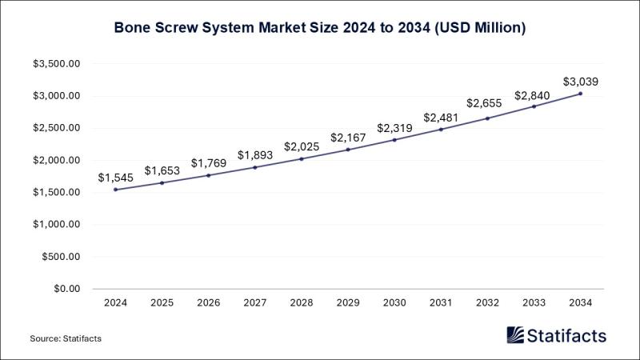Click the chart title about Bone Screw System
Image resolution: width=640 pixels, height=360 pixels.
point(319,28)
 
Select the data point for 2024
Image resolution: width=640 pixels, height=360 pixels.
point(115,190)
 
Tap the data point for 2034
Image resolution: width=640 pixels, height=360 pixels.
point(580,94)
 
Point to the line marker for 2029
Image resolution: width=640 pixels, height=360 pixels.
point(348,150)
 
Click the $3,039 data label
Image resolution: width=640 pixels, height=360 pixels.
point(580,81)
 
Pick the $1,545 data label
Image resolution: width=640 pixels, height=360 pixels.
point(115,177)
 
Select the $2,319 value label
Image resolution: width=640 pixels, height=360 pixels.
point(394,127)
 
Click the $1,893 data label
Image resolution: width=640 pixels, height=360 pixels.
point(255,154)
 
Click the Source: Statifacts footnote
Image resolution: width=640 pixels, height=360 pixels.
point(66,339)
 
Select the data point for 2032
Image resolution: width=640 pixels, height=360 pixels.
point(487,118)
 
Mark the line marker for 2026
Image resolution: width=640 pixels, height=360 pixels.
point(208,175)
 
